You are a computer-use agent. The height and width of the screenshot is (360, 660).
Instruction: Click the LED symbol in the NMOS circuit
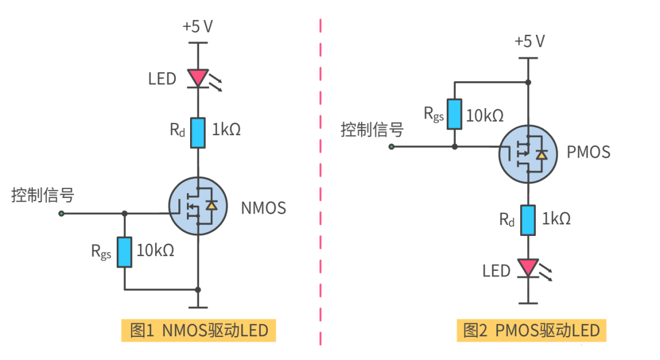(197, 78)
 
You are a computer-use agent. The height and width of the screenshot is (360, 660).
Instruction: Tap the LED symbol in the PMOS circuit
(527, 268)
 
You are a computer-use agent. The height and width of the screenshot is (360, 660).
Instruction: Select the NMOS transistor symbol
(197, 207)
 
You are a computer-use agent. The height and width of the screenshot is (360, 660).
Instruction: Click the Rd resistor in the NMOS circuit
(197, 133)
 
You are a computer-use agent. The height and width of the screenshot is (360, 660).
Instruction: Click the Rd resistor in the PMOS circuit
(527, 220)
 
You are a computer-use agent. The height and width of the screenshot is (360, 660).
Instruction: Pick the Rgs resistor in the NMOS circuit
(125, 252)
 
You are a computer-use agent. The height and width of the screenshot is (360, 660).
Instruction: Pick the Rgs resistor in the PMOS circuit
(454, 114)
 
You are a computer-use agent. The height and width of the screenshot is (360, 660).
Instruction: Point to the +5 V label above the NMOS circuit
(197, 27)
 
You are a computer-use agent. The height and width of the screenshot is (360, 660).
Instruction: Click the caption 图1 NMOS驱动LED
(199, 331)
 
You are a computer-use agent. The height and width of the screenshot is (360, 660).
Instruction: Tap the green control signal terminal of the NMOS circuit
(61, 213)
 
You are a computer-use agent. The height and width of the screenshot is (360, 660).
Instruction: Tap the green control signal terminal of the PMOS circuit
(392, 147)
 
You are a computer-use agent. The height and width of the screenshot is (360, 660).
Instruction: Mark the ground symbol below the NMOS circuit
(197, 306)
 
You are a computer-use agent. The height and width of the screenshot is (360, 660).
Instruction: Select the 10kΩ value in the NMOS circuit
(155, 250)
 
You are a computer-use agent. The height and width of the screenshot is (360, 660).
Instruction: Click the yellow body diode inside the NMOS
(211, 206)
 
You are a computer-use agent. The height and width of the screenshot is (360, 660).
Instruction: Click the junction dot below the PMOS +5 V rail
(528, 81)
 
